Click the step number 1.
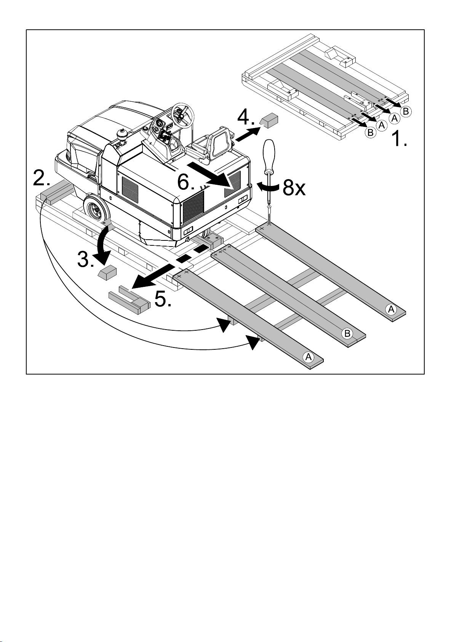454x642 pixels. coord(399,138)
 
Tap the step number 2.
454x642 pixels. coord(42,178)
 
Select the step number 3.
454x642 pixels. coord(86,260)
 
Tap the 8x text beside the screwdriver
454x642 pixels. coord(294,188)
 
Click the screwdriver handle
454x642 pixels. coord(269,157)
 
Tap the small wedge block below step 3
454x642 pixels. coord(107,272)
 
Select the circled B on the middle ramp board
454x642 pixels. coord(347,333)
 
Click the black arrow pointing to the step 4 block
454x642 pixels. coord(247,134)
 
